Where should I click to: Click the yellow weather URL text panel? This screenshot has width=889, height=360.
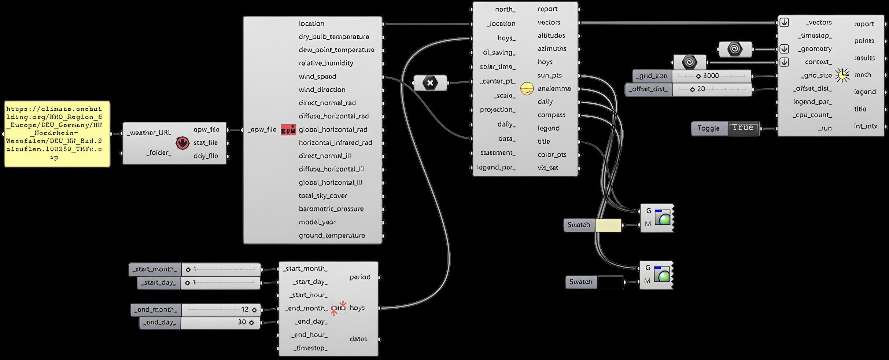pos(57,134)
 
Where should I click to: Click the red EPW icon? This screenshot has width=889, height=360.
pos(288,130)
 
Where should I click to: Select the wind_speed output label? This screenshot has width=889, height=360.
pos(317,77)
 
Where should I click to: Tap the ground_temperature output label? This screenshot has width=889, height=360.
pos(332,235)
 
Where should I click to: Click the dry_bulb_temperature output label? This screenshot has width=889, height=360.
pos(334,37)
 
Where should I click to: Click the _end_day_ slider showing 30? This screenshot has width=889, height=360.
pos(220,323)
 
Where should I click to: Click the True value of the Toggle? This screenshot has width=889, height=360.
pos(743,128)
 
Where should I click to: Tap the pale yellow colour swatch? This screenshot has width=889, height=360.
pos(608,225)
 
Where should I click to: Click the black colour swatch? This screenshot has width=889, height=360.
pos(610,282)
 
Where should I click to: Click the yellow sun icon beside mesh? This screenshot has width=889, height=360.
pos(842,75)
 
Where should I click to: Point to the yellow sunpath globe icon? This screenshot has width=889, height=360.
pos(527,89)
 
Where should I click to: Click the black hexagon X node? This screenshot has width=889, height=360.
pos(430,83)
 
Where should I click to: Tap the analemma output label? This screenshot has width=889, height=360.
pos(554,89)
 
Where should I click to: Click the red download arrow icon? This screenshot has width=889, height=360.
pos(182,143)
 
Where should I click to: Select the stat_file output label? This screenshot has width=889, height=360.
pos(206,143)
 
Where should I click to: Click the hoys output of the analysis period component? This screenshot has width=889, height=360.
pos(357,308)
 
